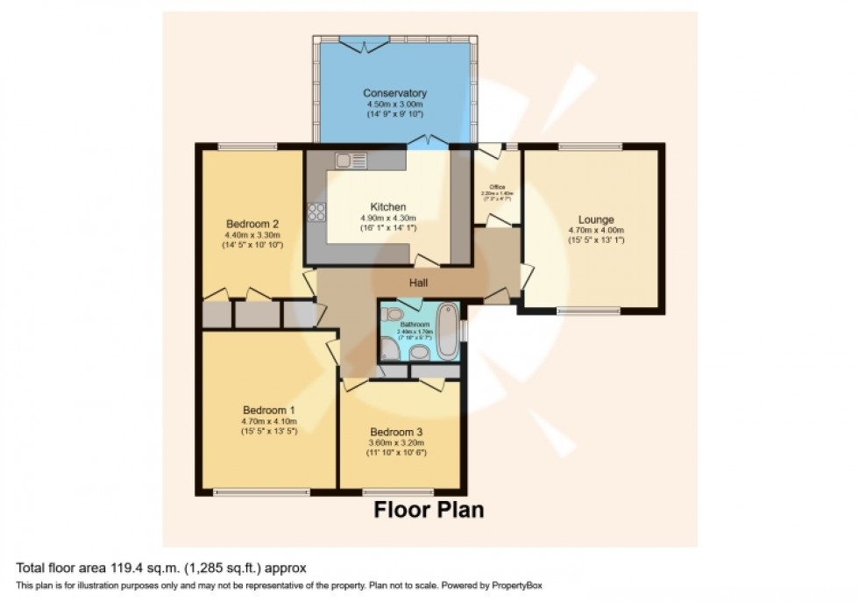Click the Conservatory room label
click(x=394, y=93)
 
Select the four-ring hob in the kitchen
click(x=316, y=211)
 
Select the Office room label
click(x=497, y=187)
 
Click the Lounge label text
click(x=595, y=219)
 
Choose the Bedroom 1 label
click(x=268, y=410)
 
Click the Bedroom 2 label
click(x=252, y=223)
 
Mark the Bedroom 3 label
click(x=396, y=432)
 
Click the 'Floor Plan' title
click(x=429, y=510)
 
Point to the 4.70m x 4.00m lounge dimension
click(x=595, y=231)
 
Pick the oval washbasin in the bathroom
click(x=420, y=353)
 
